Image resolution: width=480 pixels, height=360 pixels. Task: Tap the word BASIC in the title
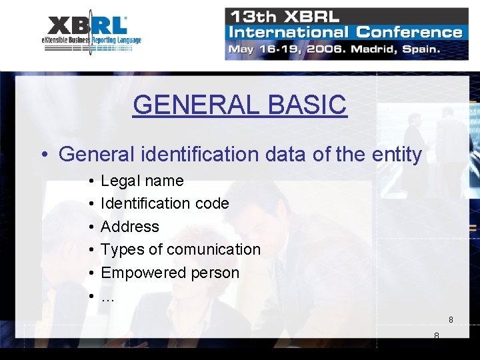[307, 105]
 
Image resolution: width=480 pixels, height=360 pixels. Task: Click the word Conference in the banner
[409, 32]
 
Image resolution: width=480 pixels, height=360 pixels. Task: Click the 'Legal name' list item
[142, 181]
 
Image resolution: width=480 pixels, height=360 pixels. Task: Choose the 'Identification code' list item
[165, 203]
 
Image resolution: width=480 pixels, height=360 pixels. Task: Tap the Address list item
[130, 227]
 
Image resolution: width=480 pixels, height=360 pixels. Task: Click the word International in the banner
[287, 32]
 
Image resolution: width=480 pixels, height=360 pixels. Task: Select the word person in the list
[215, 273]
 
